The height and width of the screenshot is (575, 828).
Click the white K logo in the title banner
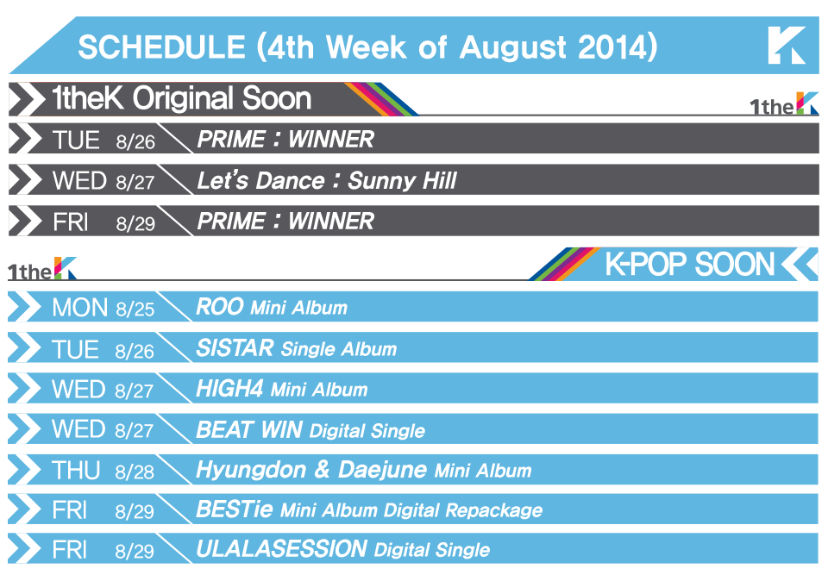[x=787, y=46]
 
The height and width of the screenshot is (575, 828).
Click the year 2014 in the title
[x=613, y=47]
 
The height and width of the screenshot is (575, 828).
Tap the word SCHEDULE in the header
[x=161, y=47]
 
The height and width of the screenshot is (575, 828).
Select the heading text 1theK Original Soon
[x=182, y=98]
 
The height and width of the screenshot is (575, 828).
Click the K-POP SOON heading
[x=689, y=265]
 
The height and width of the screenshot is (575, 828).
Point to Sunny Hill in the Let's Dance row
[x=402, y=181]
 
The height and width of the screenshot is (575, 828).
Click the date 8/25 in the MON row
[x=135, y=309]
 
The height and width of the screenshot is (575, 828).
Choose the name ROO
[x=220, y=307]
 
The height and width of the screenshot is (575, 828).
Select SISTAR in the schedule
[x=235, y=348]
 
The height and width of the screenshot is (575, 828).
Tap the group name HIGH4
[x=229, y=389]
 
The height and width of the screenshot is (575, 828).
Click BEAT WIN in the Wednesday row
[x=249, y=430]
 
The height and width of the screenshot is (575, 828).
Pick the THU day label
[x=76, y=471]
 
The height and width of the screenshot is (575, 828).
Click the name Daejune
[x=382, y=470]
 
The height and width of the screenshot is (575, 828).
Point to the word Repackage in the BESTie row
[x=493, y=510]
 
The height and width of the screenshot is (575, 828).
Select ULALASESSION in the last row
[x=282, y=549]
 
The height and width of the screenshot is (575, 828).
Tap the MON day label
[x=79, y=308]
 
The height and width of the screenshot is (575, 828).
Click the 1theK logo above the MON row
[x=42, y=269]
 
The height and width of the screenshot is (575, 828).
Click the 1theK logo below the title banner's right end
[x=784, y=104]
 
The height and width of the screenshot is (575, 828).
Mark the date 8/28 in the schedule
[x=135, y=472]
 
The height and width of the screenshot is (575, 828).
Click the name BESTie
[x=235, y=509]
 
